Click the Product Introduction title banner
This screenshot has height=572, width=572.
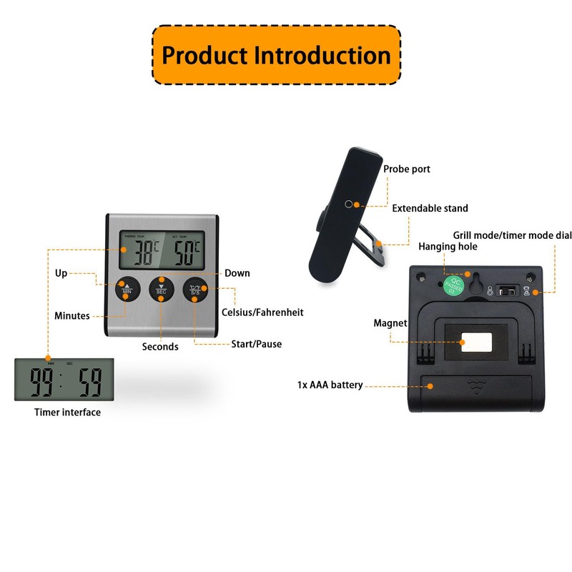(x=276, y=56)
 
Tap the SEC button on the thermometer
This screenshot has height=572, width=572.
(x=162, y=289)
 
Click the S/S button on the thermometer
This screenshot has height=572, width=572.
(x=195, y=289)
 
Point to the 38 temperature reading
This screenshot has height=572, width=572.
(x=140, y=251)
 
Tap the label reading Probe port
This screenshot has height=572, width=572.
(x=407, y=169)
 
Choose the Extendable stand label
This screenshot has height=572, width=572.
(x=430, y=208)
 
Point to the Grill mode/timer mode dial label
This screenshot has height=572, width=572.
(x=513, y=235)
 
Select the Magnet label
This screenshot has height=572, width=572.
(x=390, y=323)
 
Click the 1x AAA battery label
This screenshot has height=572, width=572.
(x=330, y=385)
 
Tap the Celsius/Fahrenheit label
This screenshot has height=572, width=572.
(x=262, y=312)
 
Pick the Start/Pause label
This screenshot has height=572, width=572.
(x=256, y=344)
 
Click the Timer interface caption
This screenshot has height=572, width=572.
(x=67, y=413)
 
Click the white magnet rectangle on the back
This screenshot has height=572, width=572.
(x=475, y=341)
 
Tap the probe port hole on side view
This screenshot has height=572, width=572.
(x=348, y=204)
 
